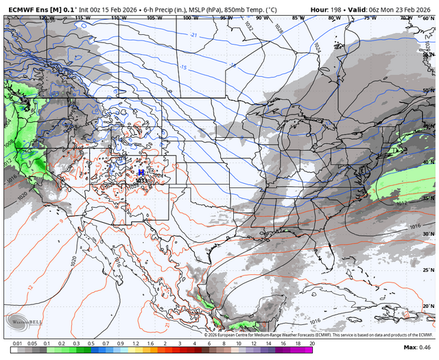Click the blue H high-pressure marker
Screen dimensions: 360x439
[x=141, y=172]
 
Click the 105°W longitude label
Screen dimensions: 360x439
[x=152, y=18]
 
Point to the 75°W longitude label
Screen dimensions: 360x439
[x=370, y=18]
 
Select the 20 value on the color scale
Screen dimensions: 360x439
[x=312, y=343]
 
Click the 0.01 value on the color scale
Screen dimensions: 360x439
[x=16, y=343]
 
